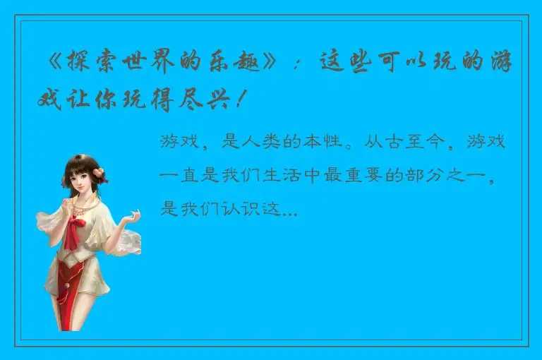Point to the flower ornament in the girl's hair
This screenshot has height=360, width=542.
tap(100, 171)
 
